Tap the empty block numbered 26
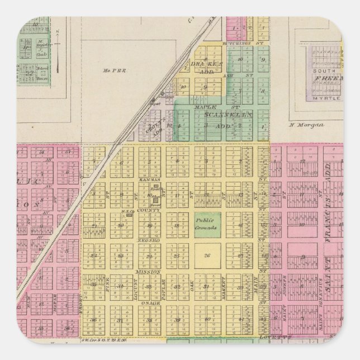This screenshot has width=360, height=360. click(206, 256)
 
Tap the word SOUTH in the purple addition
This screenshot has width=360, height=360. click(323, 72)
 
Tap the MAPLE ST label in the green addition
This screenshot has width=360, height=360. click(205, 106)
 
